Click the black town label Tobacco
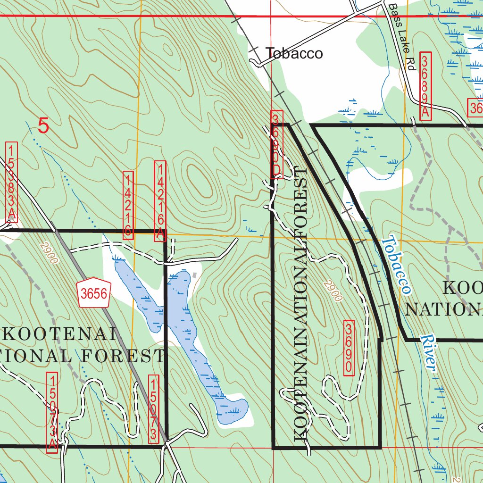pos(294,53)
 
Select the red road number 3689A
pos(425,86)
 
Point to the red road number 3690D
pos(277,144)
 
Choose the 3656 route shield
pos(94,294)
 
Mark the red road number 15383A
pos(12,182)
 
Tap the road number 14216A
pos(161,201)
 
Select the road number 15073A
pos(52,412)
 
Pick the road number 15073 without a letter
pos(153,409)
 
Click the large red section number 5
pos(43,126)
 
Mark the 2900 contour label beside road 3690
pos(333,291)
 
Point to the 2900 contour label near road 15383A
pos(49,253)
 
